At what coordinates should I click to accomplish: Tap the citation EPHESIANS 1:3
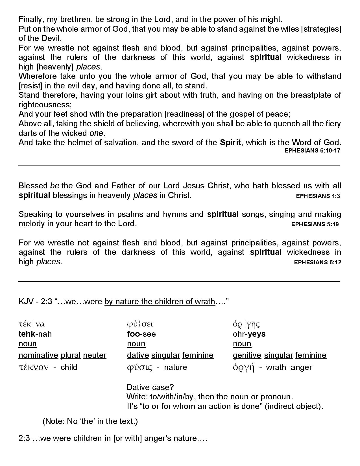point(318,196)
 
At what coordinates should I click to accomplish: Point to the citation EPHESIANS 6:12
point(317,262)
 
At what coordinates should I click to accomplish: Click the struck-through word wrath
point(276,367)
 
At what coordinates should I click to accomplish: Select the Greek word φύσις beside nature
point(139,367)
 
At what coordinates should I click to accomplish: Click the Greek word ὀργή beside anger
point(244,367)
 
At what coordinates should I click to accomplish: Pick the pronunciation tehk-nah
point(35,334)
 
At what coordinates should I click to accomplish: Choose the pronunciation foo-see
point(141,334)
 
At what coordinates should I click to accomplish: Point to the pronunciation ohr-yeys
point(249,334)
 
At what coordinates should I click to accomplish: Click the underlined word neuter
point(95,355)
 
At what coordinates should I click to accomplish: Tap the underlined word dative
point(138,355)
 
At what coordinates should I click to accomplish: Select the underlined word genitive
point(247,355)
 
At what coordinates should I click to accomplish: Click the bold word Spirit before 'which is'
point(230,143)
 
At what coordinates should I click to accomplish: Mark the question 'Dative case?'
point(150,387)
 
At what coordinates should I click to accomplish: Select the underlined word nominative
point(38,355)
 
